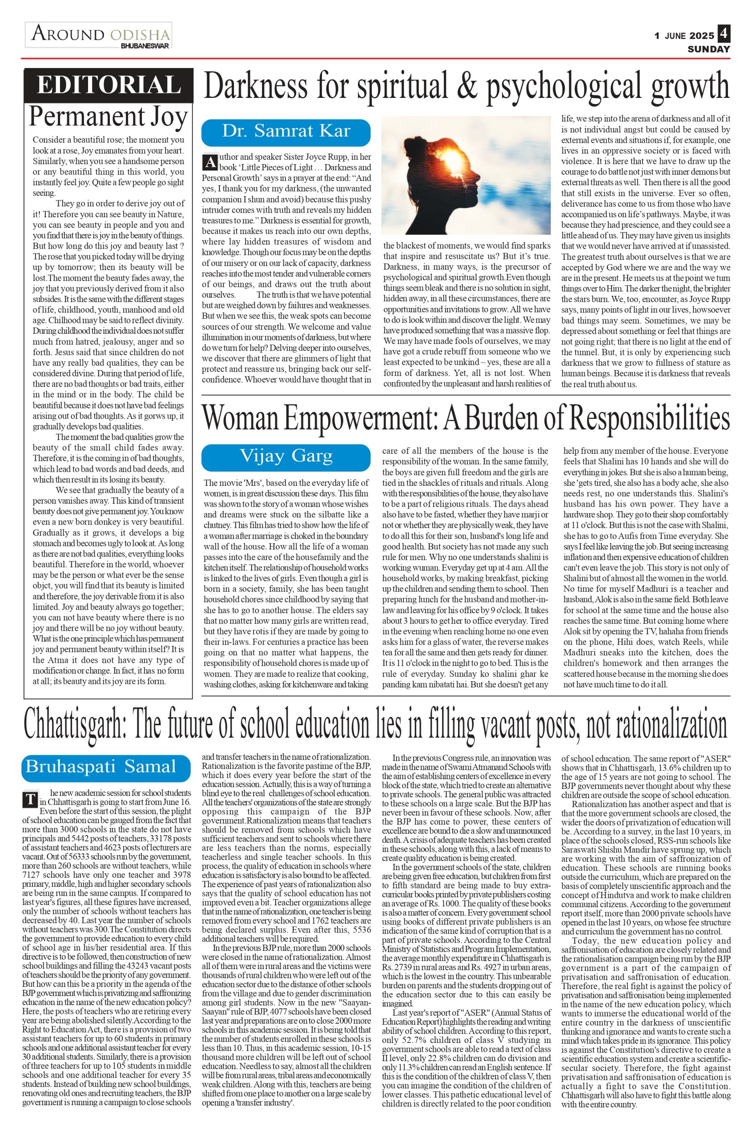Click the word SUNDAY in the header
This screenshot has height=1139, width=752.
(708, 49)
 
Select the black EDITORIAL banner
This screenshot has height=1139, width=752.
(109, 85)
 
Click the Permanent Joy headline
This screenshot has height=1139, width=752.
(108, 117)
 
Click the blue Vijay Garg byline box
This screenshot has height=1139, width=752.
(286, 457)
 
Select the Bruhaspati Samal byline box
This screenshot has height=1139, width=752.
(106, 766)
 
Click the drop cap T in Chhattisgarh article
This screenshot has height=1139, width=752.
(30, 800)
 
